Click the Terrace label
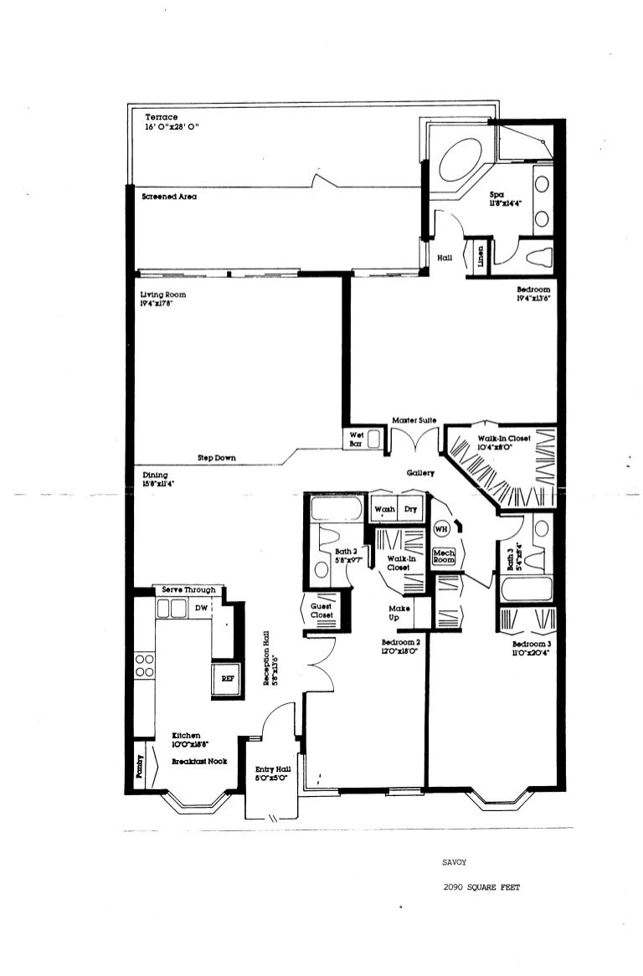162,117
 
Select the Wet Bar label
356,439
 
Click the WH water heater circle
441,529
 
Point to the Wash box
384,509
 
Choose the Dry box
411,509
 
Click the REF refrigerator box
224,680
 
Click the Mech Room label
443,555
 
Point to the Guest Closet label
321,610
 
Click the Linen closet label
481,254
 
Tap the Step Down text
216,458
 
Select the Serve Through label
188,590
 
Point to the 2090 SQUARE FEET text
481,888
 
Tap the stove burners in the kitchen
144,665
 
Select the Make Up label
399,614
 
